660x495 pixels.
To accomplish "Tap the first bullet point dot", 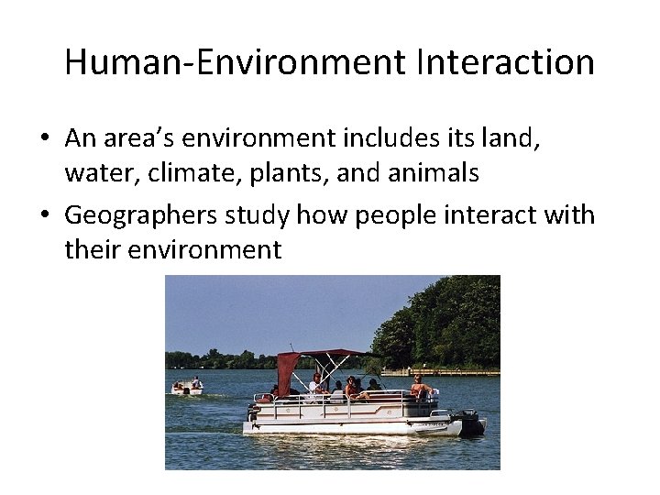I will point(44,138).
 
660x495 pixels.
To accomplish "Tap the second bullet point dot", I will point(44,215).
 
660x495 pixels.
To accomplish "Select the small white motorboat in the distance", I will point(187,389).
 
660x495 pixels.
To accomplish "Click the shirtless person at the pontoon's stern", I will point(419,386).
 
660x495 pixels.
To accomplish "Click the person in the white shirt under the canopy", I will point(316,385).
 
